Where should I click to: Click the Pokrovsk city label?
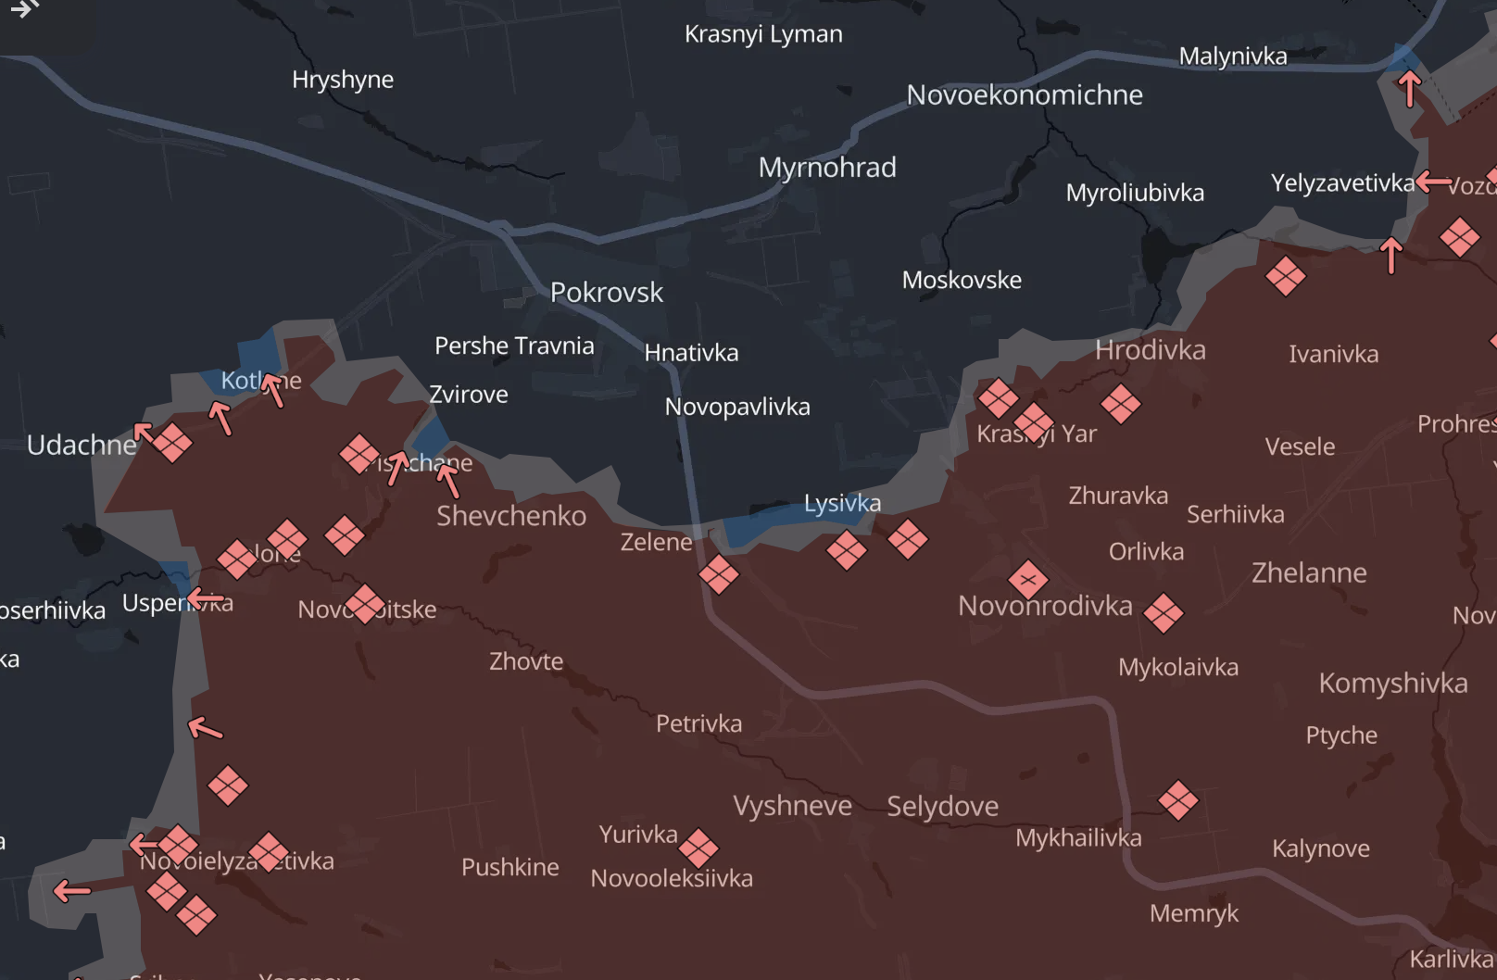pos(606,293)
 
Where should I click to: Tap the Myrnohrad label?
pos(827,168)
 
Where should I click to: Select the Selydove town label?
pos(942,806)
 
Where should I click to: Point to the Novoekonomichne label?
pos(1024,94)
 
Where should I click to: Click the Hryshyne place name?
pos(342,80)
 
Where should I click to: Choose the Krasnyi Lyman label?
pos(763,34)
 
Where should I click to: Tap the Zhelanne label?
pos(1308,572)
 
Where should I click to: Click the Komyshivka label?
pos(1392,683)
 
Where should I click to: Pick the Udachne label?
pos(82,446)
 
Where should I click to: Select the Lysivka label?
pos(842,503)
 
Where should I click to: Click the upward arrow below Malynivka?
pos(1409,89)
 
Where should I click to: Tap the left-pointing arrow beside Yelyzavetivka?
pos(1434,182)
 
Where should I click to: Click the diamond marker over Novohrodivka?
pos(1028,581)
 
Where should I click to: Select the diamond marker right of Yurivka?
pos(698,848)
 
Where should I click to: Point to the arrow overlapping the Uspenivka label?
pos(205,599)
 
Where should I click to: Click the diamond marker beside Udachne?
pos(172,443)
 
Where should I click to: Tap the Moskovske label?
pos(962,280)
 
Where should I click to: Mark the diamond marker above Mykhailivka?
pos(1178,800)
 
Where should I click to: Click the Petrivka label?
pos(698,723)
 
